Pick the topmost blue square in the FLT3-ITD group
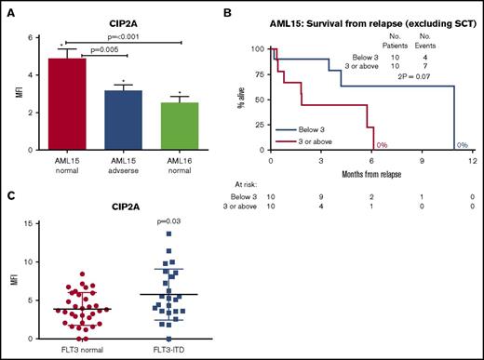[169, 233]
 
